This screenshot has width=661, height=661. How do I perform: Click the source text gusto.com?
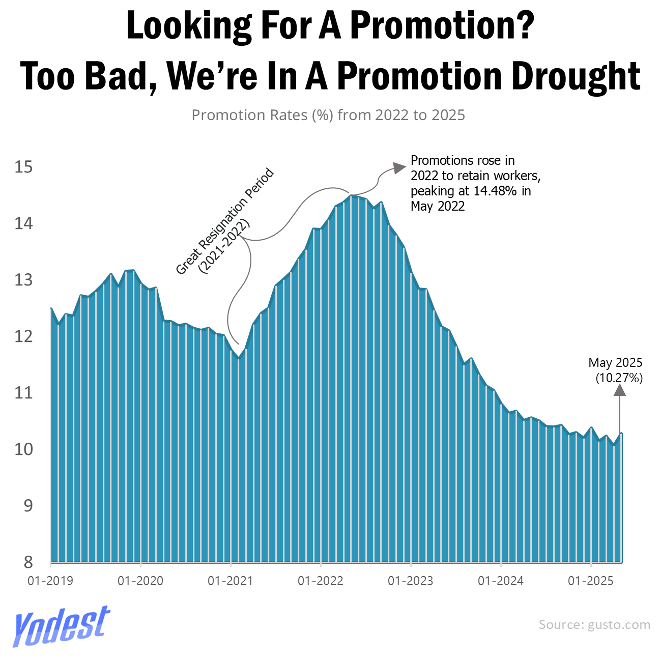[x=594, y=624]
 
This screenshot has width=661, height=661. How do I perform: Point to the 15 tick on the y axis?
[x=23, y=167]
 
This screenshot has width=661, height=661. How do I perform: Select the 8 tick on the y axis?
[x=28, y=562]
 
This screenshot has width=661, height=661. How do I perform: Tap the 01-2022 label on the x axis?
[x=321, y=581]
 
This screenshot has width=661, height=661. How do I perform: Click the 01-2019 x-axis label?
[x=50, y=581]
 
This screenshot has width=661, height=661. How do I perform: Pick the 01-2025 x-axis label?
[x=591, y=581]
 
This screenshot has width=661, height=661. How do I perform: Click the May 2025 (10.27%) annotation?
[x=616, y=370]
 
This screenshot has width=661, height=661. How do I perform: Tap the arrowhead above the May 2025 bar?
[x=619, y=390]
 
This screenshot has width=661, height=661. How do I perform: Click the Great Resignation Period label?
[x=225, y=222]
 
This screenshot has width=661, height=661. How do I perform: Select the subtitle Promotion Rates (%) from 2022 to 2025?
[x=328, y=115]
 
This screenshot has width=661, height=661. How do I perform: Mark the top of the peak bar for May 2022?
[x=351, y=196]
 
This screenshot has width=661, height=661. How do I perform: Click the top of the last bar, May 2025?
[x=621, y=434]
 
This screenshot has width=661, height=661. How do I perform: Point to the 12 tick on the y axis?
[x=23, y=336]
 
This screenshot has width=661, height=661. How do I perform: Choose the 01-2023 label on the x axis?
[x=411, y=581]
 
